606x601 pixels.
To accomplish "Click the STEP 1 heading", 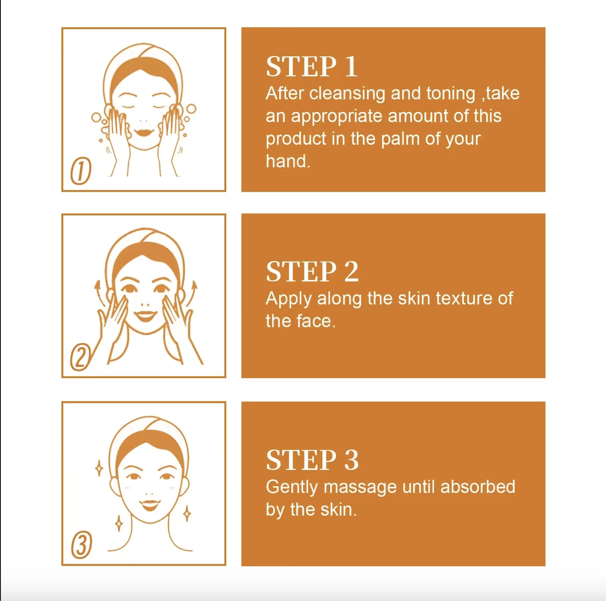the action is pyautogui.click(x=312, y=67).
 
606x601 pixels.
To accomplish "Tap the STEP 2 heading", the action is pyautogui.click(x=312, y=271).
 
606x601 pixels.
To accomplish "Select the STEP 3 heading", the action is pyautogui.click(x=312, y=460).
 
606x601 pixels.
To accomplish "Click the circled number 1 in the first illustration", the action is pyautogui.click(x=81, y=171).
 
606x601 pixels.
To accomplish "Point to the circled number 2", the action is pyautogui.click(x=80, y=357).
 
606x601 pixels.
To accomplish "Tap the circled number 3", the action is pyautogui.click(x=81, y=545).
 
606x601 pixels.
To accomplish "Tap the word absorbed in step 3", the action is pyautogui.click(x=478, y=487).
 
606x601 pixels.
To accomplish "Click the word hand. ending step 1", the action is pyautogui.click(x=288, y=161).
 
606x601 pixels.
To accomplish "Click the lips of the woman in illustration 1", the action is pyautogui.click(x=144, y=132).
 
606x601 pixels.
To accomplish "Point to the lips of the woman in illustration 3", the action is pyautogui.click(x=150, y=505).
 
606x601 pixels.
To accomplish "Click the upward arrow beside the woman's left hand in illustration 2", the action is pyautogui.click(x=191, y=294).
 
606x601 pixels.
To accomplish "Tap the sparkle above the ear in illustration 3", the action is pyautogui.click(x=99, y=468).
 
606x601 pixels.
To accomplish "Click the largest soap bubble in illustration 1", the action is pyautogui.click(x=191, y=109).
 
